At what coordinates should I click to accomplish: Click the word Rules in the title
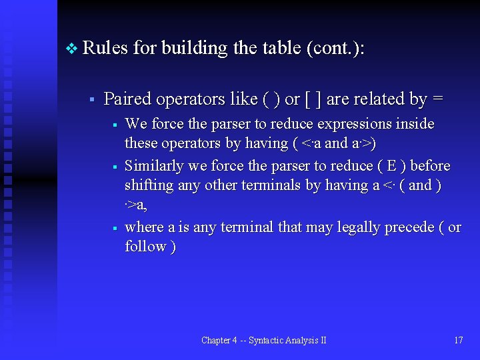pos(105,49)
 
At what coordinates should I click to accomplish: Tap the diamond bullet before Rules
pos(72,49)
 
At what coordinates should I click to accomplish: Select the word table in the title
pos(275,49)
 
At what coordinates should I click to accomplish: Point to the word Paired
pos(128,99)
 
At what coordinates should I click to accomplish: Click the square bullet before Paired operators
pos(91,100)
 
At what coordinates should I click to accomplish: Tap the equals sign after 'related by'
pos(437,99)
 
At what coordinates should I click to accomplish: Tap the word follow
pos(145,247)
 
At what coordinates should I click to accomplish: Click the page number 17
pos(458,340)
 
